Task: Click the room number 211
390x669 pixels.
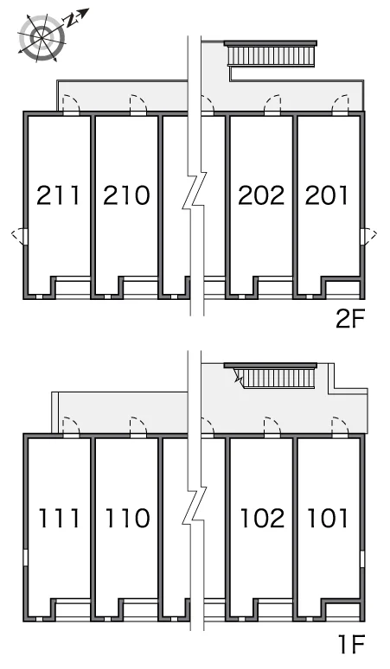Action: coord(58,195)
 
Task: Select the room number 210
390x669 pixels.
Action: coord(126,195)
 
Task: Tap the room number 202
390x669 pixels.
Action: coord(261,195)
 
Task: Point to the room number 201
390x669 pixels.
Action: coord(327,195)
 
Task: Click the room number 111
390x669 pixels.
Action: coord(59,518)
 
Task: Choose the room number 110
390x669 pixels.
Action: coord(128,518)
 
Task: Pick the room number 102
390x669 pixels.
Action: coord(262,518)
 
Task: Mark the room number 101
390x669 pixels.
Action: coord(328,518)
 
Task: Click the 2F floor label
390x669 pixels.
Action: coord(350,319)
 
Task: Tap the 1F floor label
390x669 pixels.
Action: coord(352,644)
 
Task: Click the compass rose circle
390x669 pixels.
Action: coord(42,37)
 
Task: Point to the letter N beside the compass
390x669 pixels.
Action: coord(70,19)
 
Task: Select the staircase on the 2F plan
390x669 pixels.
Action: coord(271,54)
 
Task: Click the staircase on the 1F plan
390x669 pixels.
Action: coord(276,376)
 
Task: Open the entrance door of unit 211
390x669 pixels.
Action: coord(71,105)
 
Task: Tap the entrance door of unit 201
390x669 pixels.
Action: coord(341,105)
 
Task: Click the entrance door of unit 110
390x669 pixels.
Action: coord(138,428)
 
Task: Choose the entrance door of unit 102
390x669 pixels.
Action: coord(272,428)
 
